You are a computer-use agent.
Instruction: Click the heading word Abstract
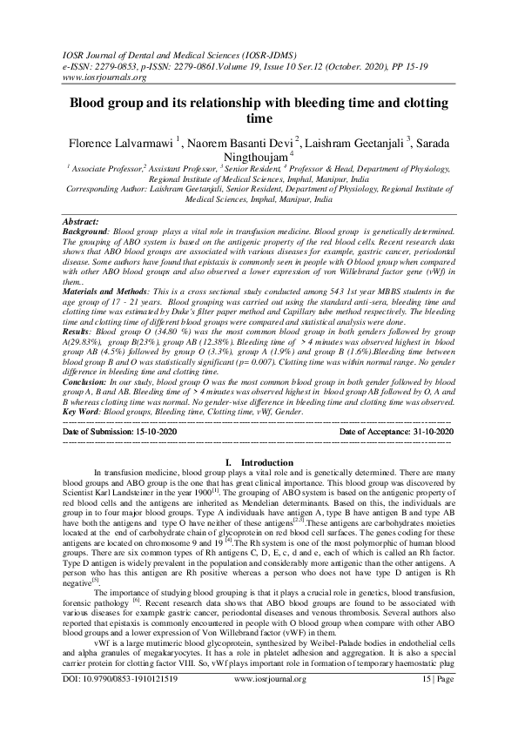83,222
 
